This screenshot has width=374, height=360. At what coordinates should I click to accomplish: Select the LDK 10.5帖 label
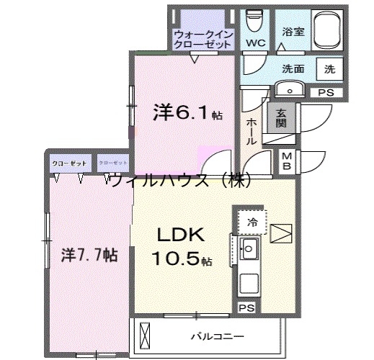point(181,246)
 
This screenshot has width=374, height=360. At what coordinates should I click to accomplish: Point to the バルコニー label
point(217,336)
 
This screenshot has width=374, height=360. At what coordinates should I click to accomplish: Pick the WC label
point(256,44)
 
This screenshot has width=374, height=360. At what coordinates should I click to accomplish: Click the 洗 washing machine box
point(329,69)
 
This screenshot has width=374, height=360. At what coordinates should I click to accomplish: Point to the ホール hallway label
point(251,132)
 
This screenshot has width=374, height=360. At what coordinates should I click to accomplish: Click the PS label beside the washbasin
point(326,92)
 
